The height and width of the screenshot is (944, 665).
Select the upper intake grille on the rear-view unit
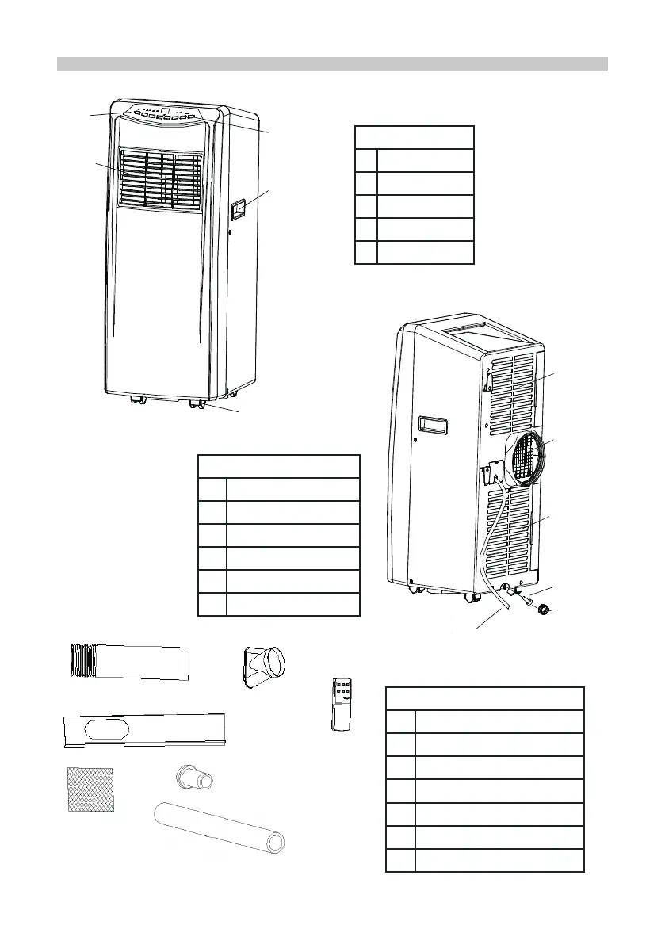click(512, 388)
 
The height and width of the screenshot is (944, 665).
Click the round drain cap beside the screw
click(545, 610)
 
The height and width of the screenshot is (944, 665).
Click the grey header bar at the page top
click(332, 64)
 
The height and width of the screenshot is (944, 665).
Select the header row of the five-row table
click(415, 136)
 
